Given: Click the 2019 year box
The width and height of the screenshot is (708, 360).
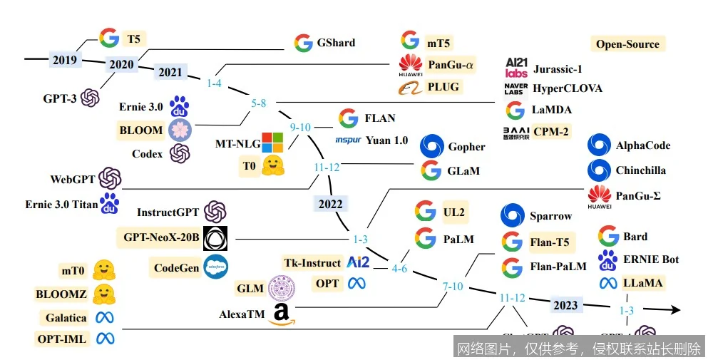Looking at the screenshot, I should (x=65, y=60).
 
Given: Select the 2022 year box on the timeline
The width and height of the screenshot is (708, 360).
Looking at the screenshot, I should (x=330, y=203).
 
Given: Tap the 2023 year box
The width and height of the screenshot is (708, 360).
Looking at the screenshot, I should (x=565, y=305).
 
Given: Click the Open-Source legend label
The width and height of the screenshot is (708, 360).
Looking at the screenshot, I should (x=627, y=44).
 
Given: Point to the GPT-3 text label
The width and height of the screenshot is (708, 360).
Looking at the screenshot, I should (x=60, y=98).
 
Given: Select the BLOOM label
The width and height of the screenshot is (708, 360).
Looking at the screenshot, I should (x=142, y=130).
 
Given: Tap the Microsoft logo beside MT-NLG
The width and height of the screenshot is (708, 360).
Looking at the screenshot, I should (x=272, y=143).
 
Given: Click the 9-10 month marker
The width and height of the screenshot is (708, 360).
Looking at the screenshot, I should (x=300, y=128).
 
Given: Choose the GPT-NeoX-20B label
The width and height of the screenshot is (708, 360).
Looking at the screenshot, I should (x=162, y=237).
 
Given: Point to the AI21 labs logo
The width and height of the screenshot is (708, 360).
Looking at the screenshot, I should (x=515, y=68).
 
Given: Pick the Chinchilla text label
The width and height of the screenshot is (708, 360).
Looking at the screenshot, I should (x=641, y=170).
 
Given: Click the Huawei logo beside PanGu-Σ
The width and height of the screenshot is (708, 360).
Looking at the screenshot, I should (x=599, y=195).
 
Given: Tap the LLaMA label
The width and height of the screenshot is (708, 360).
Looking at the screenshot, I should (x=642, y=283).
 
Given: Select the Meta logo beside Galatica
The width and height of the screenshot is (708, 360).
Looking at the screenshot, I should (x=106, y=318).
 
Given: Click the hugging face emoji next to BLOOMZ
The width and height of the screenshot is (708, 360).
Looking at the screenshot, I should (x=104, y=293).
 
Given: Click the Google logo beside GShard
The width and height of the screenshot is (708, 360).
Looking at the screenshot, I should (x=304, y=43).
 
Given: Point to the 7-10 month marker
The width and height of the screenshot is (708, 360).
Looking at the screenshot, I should (x=453, y=286).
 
